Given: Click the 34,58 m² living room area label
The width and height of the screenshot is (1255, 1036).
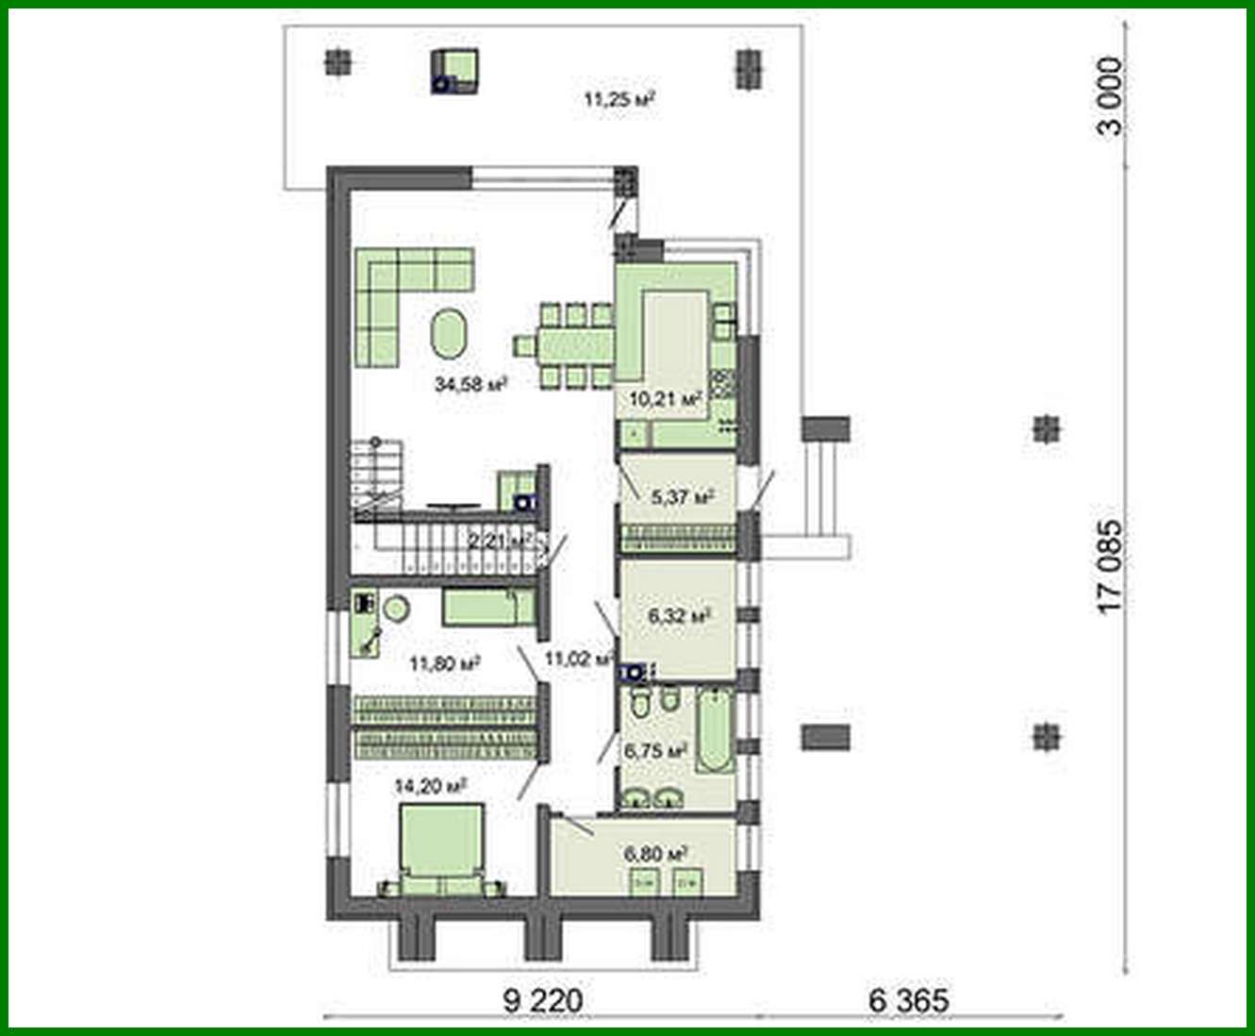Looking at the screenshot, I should (471, 384).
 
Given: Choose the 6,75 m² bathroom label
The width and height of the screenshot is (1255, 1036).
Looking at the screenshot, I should (653, 751).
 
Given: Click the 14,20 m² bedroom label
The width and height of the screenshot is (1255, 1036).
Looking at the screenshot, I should (431, 785).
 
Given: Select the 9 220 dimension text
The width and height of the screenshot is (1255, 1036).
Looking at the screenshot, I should (543, 1000).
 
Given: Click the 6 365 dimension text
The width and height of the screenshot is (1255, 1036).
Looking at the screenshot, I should (908, 1000).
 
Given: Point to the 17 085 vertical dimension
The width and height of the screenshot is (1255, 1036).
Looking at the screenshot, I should (1111, 564).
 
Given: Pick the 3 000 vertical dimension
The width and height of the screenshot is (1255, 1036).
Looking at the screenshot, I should (1111, 96).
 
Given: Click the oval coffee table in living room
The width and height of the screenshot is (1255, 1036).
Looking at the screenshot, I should (448, 333).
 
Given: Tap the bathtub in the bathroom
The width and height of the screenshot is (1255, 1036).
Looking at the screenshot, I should (715, 732).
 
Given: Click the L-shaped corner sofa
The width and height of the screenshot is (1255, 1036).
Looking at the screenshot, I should (396, 292).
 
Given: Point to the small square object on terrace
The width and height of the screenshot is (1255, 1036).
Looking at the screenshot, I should (457, 71).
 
